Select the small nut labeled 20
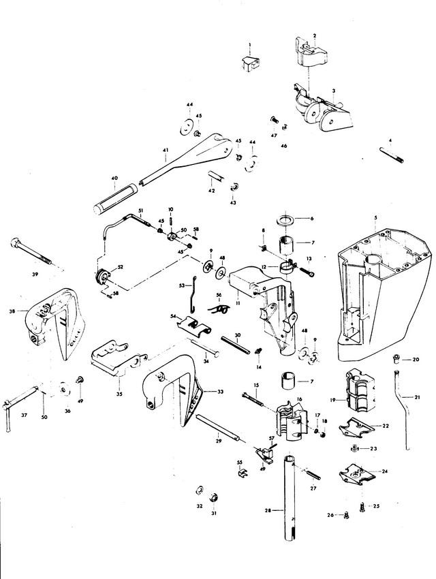click(x=396, y=359)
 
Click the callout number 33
click(x=220, y=392)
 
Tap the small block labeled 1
click(x=249, y=63)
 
